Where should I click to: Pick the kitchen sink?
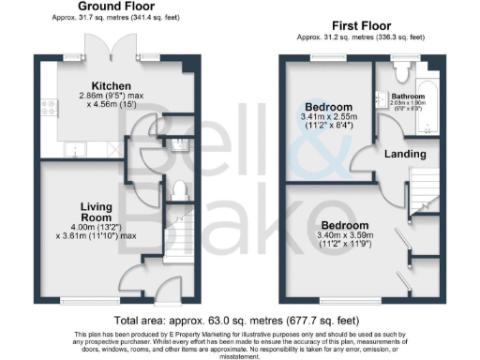point(73,150)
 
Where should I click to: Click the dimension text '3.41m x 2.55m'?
point(327,117)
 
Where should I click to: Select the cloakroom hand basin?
point(178,142)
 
